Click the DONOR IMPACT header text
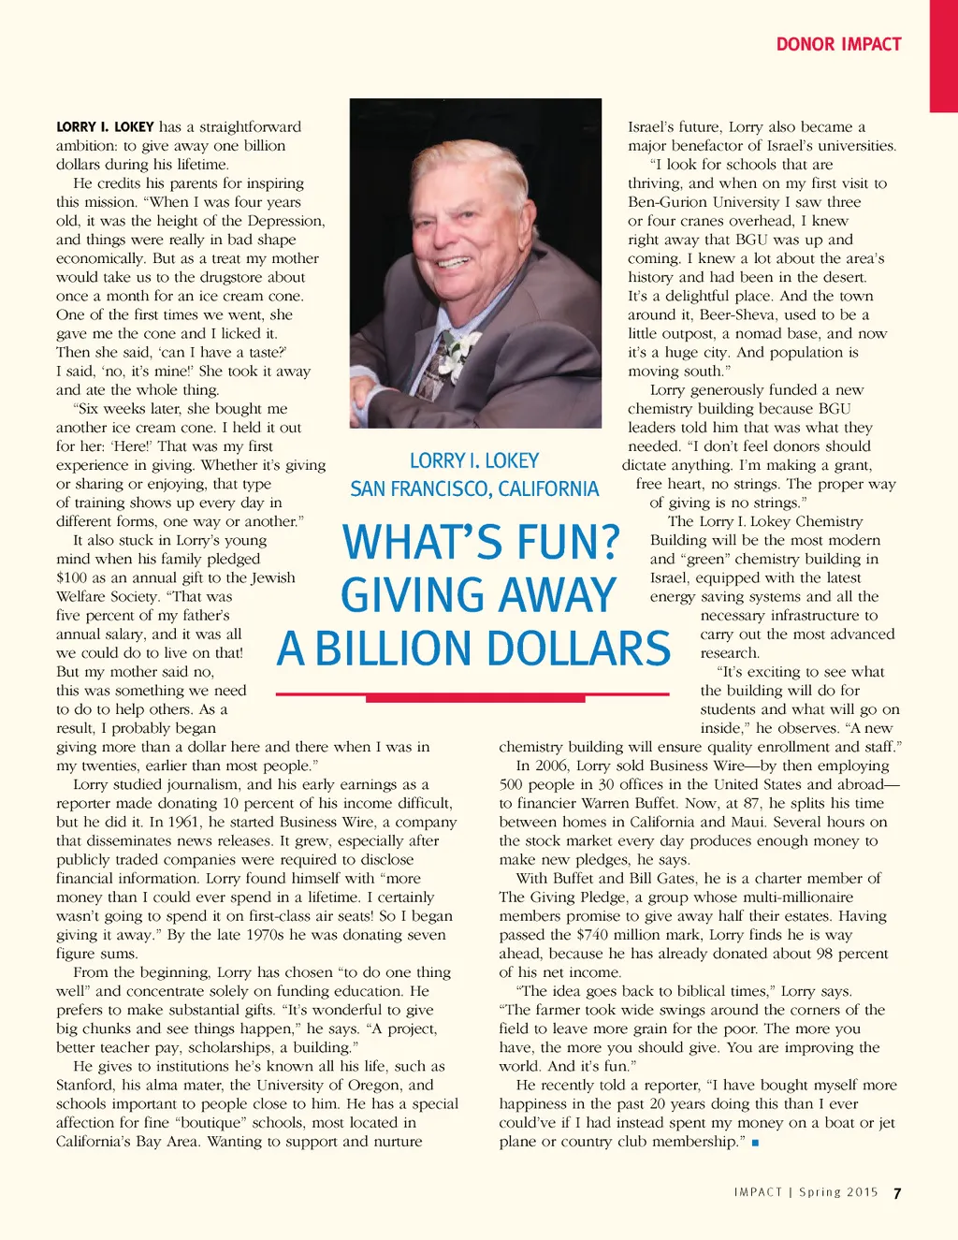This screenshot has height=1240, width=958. coord(838,44)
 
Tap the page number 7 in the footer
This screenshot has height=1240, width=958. coord(897,1193)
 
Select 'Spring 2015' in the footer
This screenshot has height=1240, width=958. coord(838,1192)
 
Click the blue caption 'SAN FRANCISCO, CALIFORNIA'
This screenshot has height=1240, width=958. coord(474,489)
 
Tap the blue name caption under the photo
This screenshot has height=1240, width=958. coord(474,460)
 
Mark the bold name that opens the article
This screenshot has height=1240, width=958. coord(105,127)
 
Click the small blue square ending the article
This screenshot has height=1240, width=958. coord(755,1143)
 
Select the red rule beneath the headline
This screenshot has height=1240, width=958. coord(473,695)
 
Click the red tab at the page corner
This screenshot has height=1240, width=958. coord(943,56)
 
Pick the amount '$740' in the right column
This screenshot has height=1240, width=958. coord(594,935)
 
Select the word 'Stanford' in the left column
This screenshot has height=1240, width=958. coord(86,1085)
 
